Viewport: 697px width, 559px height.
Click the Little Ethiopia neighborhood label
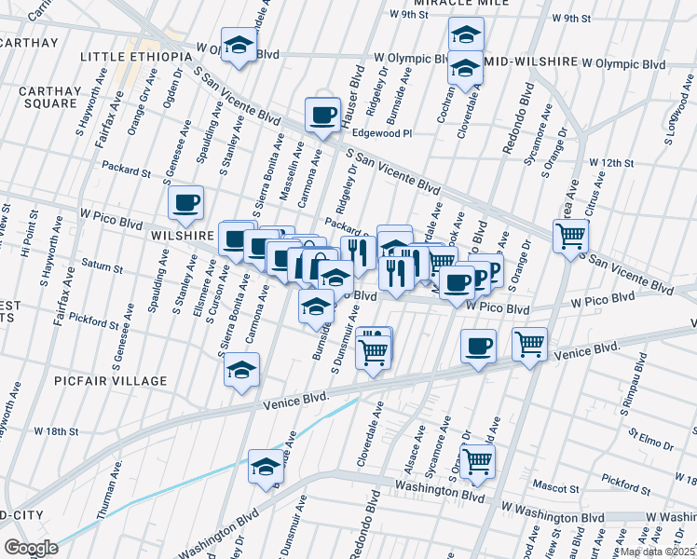pos(136,57)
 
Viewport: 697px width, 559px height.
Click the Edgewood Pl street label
pos(381,134)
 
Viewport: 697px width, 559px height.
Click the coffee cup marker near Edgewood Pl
pos(322,116)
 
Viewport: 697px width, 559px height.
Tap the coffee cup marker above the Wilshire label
pos(184,201)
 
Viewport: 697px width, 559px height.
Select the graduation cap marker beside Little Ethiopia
pos(239,48)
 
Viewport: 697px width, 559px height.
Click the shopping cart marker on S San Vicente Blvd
pos(569,234)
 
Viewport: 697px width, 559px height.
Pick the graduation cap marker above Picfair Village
pos(241,369)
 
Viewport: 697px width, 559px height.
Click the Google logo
pos(31,547)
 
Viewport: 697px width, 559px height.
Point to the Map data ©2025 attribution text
pos(658,552)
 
